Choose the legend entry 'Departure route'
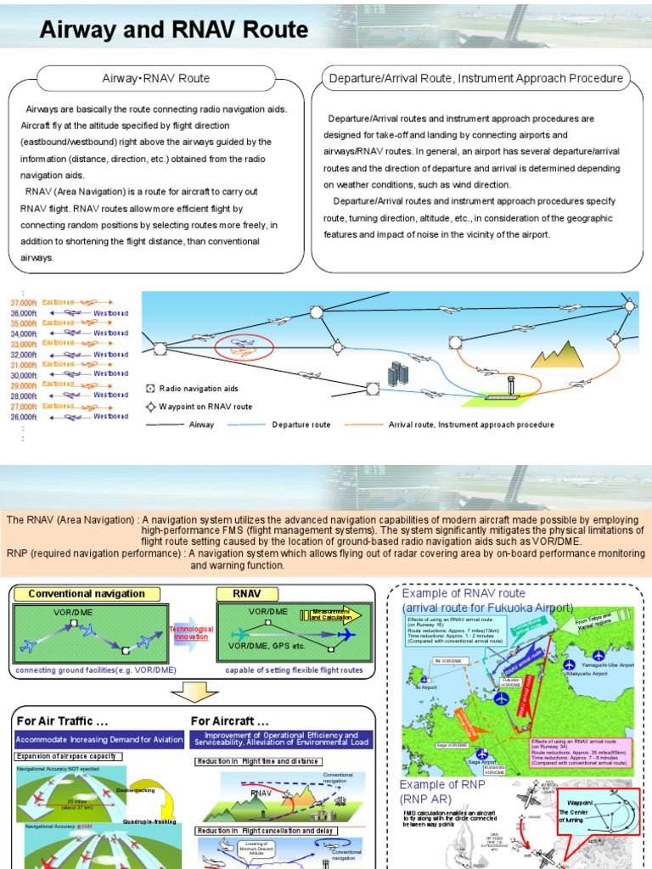(301, 425)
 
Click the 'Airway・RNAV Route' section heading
(155, 79)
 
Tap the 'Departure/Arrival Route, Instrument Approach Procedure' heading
(475, 79)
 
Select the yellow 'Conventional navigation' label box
(87, 594)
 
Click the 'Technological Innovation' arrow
(191, 632)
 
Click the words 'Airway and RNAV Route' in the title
(174, 31)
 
